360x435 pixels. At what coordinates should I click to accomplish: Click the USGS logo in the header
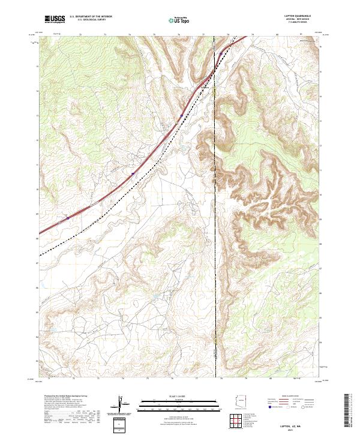click(53, 19)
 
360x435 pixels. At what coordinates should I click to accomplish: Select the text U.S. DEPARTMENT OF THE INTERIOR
click(91, 17)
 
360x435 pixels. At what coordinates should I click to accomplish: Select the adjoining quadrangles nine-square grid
click(238, 422)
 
